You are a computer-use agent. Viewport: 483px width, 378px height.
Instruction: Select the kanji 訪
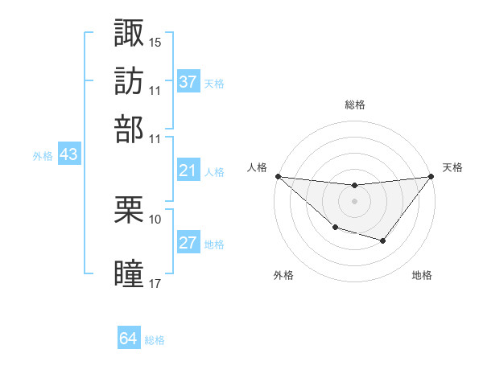129,81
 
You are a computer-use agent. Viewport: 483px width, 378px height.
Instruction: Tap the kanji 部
129,129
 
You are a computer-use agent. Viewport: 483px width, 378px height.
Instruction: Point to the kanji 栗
129,211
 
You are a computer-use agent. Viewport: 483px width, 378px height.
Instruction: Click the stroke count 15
155,41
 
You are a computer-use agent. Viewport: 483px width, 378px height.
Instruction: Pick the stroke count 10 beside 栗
155,219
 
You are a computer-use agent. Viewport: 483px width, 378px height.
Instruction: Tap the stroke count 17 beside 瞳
155,283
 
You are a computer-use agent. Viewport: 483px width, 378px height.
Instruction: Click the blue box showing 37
188,82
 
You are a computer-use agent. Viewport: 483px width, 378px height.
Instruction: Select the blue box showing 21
188,171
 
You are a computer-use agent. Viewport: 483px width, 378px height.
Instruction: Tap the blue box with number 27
188,243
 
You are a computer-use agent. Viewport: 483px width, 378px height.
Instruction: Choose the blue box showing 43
68,154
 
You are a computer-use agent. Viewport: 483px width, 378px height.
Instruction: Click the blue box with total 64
129,339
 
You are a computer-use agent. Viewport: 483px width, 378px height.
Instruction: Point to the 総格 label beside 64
155,340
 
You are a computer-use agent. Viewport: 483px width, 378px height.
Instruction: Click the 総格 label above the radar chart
354,105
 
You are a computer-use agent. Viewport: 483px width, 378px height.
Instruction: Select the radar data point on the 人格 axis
278,176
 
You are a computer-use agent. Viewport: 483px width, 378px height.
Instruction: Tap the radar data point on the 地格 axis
383,240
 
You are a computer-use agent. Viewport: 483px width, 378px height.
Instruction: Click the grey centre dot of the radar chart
354,201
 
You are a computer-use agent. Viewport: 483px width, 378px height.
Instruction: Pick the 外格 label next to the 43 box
43,156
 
